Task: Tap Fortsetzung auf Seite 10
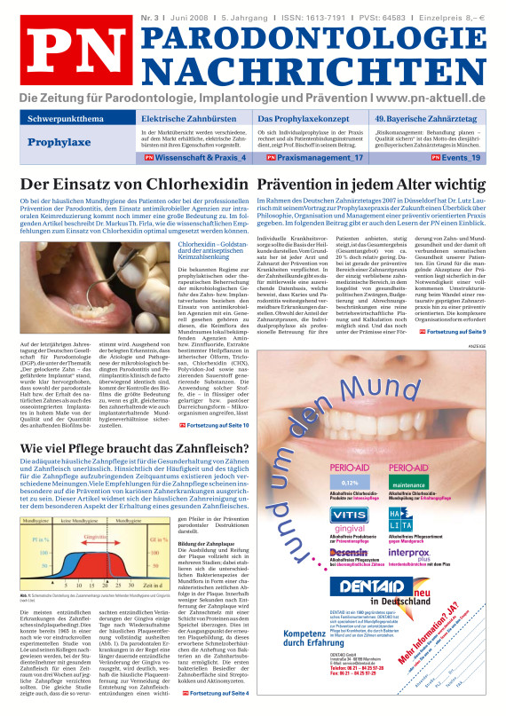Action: (219, 425)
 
